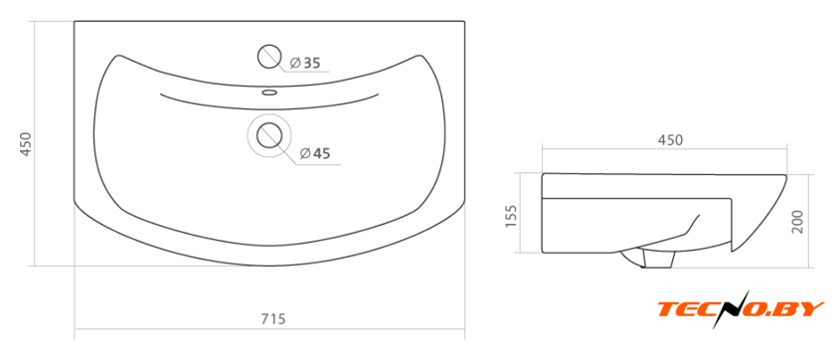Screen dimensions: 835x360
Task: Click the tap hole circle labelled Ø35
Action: [269, 57]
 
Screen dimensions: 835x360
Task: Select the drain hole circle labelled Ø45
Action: [269, 135]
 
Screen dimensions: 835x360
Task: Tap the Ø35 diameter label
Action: [305, 64]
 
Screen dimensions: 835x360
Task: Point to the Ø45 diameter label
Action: [315, 154]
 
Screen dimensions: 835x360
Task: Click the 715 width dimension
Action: [273, 319]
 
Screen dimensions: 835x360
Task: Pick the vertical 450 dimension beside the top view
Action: [26, 144]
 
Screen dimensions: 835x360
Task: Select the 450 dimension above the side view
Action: [670, 140]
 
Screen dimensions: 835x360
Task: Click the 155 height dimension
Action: [510, 216]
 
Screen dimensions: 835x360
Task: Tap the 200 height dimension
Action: [797, 221]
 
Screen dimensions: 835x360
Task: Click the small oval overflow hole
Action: [269, 92]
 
